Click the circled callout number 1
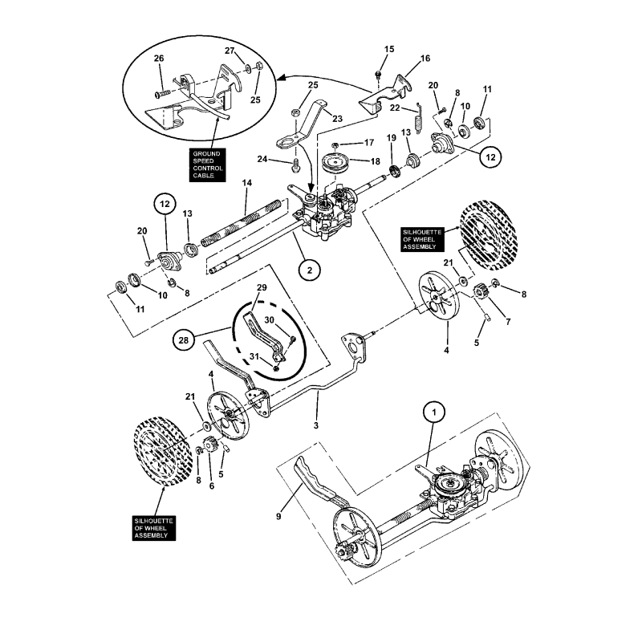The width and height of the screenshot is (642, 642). pos(434,413)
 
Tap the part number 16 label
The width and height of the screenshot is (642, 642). pos(425,58)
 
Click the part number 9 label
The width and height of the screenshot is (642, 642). pos(278,517)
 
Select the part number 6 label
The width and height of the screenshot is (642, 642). pos(212,486)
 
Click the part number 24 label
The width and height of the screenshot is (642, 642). pos(285,160)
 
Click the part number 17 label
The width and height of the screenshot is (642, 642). pos(369,143)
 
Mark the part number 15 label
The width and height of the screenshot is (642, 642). pos(389,50)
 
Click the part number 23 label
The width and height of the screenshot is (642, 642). pos(337,119)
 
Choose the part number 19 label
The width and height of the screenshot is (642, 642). pos(391,138)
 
